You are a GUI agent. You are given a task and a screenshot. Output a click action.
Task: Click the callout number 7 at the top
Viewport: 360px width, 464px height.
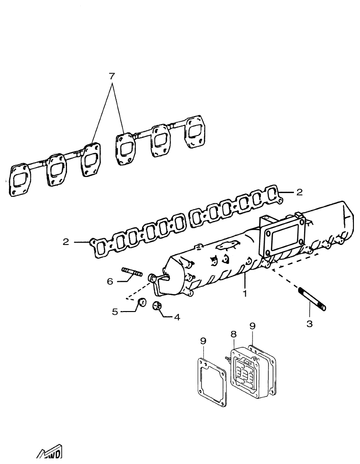[112, 76]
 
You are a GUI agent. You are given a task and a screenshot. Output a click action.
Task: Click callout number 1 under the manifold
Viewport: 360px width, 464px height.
[244, 293]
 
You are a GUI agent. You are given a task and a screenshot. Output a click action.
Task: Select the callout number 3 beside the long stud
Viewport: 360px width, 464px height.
[310, 324]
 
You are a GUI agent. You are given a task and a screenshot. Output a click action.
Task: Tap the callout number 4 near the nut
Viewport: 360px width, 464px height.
[177, 317]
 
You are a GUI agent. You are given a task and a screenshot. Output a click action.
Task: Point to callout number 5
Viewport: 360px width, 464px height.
[115, 312]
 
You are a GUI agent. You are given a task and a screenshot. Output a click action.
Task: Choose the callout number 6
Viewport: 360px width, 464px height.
[109, 281]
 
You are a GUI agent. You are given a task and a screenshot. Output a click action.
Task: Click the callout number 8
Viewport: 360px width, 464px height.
[233, 334]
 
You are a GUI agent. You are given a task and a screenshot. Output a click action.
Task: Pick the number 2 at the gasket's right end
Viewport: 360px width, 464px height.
[299, 192]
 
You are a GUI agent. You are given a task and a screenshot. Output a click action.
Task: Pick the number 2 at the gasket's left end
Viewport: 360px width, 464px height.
[66, 242]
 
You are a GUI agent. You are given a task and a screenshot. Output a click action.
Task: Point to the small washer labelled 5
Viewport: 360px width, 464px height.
[142, 303]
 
